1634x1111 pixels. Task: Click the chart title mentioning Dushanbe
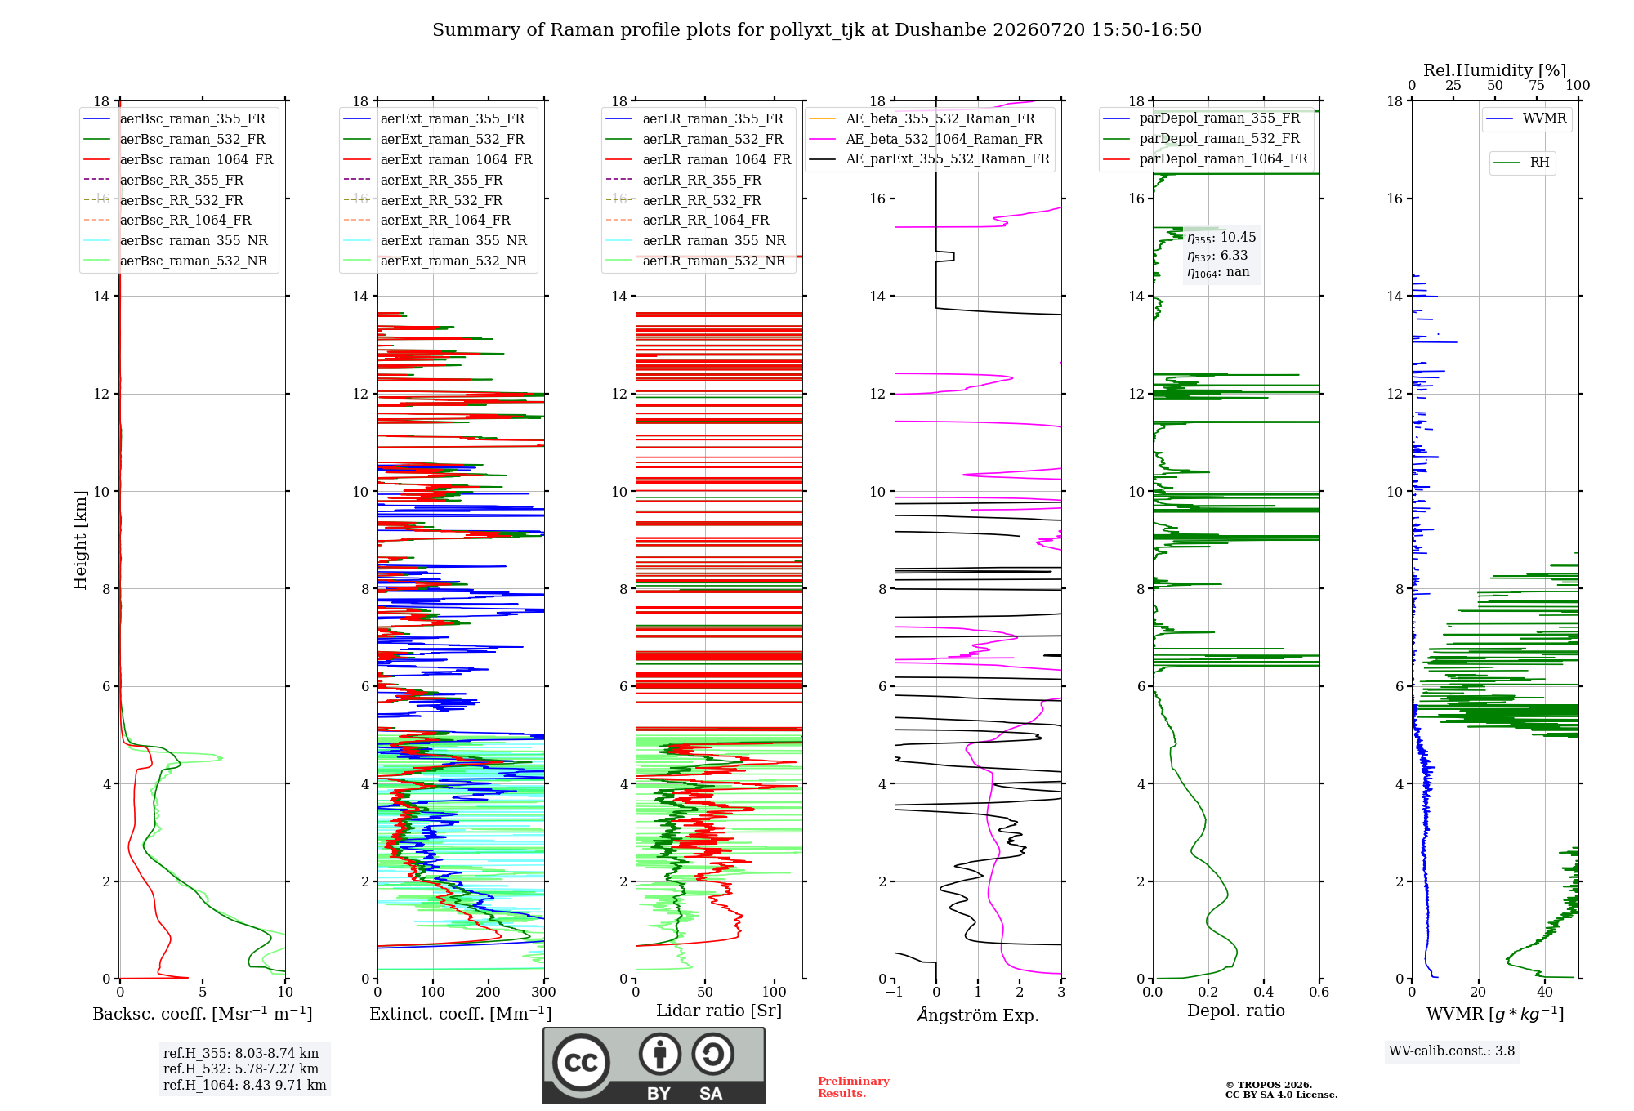[817, 30]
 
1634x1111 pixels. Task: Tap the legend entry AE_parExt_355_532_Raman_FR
[930, 158]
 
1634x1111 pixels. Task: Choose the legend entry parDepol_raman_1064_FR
[1206, 158]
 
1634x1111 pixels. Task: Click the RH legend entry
[1522, 163]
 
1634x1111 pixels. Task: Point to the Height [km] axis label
[80, 540]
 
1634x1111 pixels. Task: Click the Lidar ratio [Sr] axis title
[719, 1011]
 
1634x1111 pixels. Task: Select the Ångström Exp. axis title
[978, 1015]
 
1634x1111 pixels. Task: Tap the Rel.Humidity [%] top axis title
[1495, 70]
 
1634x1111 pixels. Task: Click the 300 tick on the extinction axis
[544, 993]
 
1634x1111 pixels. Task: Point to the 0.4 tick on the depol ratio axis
[1264, 993]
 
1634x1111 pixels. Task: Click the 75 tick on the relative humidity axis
[1537, 86]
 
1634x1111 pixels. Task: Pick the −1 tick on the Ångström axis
[895, 993]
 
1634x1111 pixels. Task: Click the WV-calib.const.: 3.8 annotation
[1452, 1051]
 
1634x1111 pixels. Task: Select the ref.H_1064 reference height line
[245, 1085]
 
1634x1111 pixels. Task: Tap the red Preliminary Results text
[854, 1087]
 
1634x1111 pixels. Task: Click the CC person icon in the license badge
[660, 1055]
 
